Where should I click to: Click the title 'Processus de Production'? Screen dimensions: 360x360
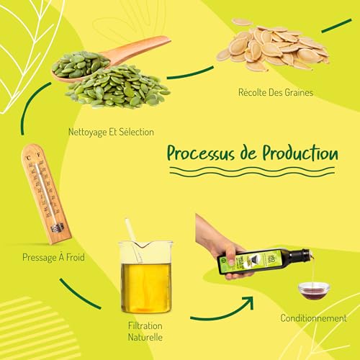coord(252,153)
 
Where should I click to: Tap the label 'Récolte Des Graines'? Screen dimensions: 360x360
coord(276,92)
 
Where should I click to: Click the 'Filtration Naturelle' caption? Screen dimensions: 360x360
coord(145,330)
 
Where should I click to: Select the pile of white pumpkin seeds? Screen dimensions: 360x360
coord(271,47)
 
